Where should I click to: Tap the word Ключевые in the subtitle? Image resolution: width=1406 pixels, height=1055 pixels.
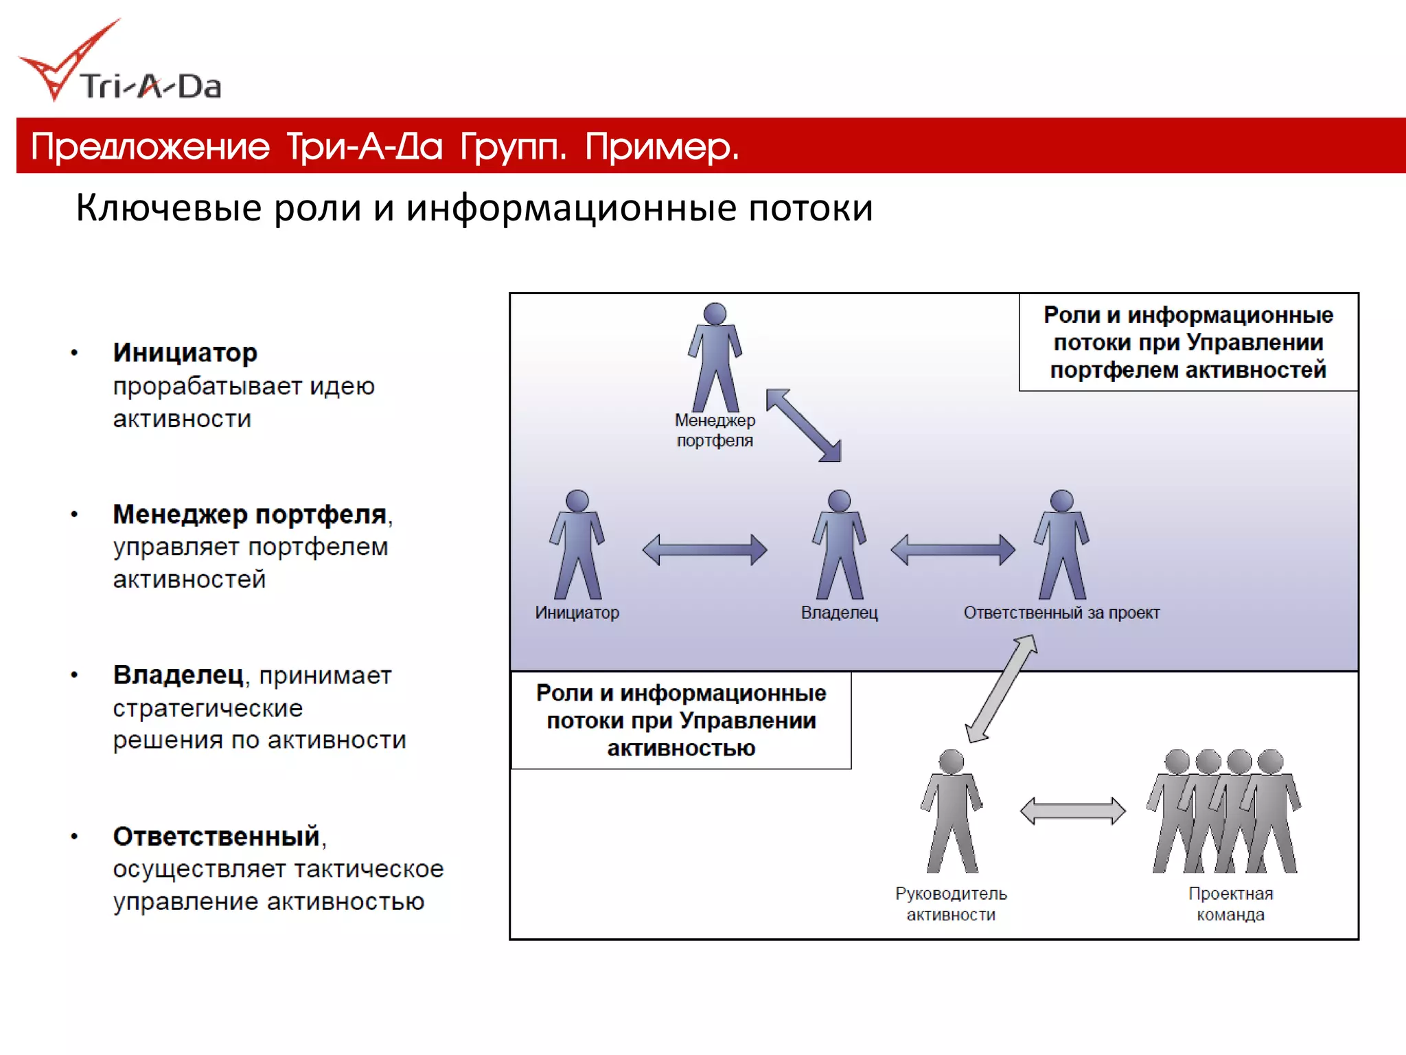point(168,207)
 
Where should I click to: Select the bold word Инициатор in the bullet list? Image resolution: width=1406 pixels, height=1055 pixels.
point(185,353)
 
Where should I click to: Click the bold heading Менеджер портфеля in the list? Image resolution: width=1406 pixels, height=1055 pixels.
point(249,514)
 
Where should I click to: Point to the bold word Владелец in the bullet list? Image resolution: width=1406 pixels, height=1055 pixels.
point(178,675)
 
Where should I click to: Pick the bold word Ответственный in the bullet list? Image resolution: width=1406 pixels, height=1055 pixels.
point(216,837)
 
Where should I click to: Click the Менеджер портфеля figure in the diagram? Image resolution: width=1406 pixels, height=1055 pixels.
point(715,357)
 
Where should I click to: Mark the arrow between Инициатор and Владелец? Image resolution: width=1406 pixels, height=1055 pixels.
point(704,549)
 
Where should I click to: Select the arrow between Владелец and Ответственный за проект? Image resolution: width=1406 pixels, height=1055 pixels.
point(952,549)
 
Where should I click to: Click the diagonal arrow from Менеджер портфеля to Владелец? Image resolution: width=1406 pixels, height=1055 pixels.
point(803,426)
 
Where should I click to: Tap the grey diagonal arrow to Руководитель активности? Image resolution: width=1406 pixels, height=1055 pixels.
point(1002,688)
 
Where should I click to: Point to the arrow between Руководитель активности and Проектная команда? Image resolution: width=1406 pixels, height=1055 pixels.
point(1072,810)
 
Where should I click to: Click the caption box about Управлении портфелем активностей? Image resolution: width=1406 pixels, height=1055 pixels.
point(1188,342)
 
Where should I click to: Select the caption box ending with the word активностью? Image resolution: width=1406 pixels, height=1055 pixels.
point(681,721)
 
